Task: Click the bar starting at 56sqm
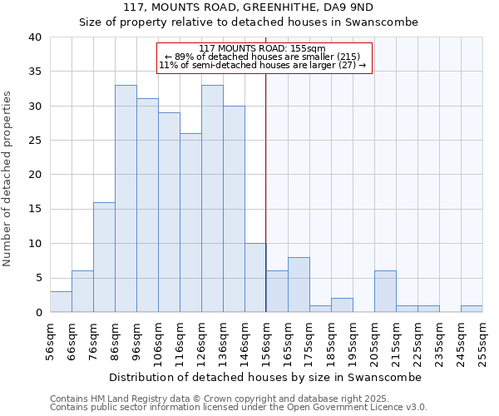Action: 61,302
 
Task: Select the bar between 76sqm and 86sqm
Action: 104,257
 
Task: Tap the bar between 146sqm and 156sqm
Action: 255,278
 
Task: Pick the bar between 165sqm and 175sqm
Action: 299,285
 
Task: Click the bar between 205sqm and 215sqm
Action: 385,291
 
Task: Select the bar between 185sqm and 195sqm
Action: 342,305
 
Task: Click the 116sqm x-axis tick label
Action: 180,342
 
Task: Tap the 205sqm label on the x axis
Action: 374,342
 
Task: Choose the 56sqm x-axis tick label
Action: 50,342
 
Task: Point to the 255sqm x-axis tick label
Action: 482,342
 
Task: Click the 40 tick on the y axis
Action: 34,37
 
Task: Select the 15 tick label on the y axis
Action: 34,210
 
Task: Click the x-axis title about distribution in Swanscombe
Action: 265,377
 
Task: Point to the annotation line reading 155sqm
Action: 263,48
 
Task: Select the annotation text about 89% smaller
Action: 263,57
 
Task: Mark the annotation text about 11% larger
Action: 263,65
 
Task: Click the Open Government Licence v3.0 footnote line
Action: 239,408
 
